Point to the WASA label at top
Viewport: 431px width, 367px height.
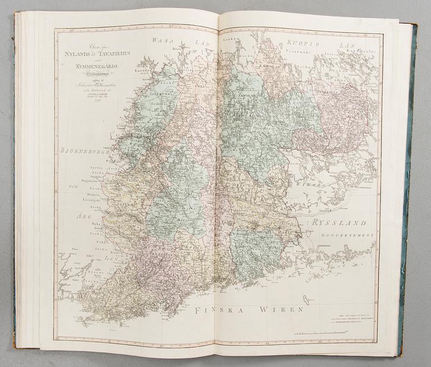(163, 40)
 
